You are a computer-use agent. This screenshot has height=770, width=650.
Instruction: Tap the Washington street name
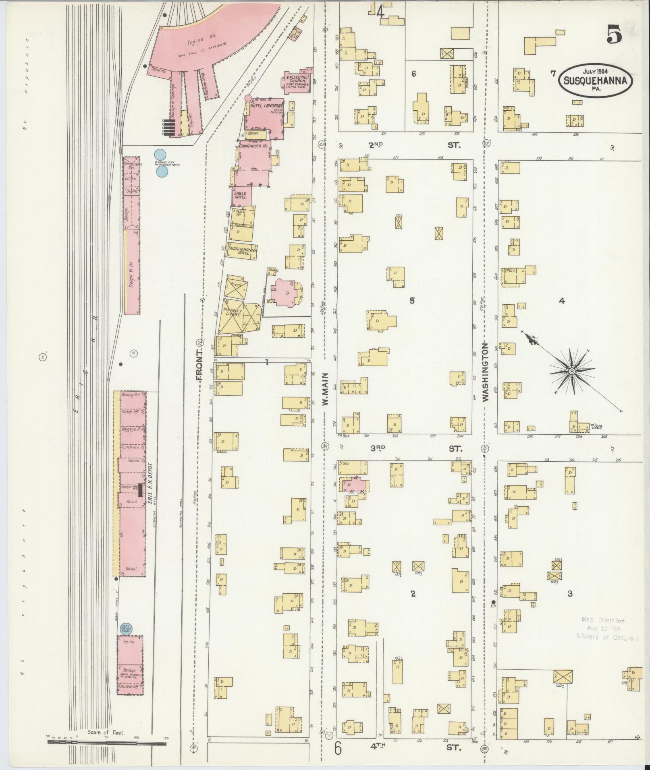tap(485, 372)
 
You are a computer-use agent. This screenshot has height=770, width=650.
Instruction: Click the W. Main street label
tap(325, 388)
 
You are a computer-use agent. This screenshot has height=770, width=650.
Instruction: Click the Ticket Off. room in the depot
tap(130, 412)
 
